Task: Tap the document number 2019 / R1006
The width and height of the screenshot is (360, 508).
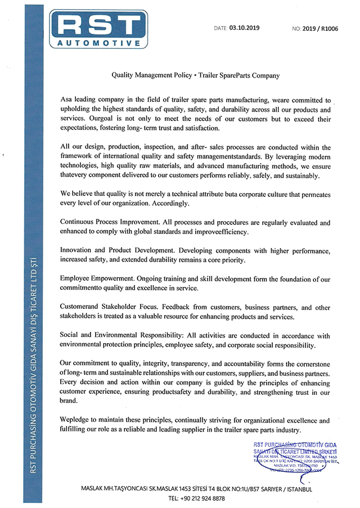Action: [x=322, y=27]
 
